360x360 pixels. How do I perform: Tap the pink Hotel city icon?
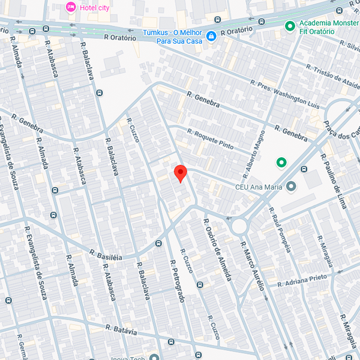click(x=70, y=7)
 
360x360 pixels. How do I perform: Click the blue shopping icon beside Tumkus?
click(x=211, y=37)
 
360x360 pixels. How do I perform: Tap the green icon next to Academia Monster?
click(x=290, y=26)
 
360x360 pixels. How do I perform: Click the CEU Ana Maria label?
click(x=258, y=187)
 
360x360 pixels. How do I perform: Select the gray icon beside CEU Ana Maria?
click(x=291, y=187)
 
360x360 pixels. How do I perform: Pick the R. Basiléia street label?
click(x=106, y=254)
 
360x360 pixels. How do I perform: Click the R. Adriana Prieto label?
click(x=305, y=279)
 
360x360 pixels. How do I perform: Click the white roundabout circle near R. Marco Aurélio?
click(x=239, y=226)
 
